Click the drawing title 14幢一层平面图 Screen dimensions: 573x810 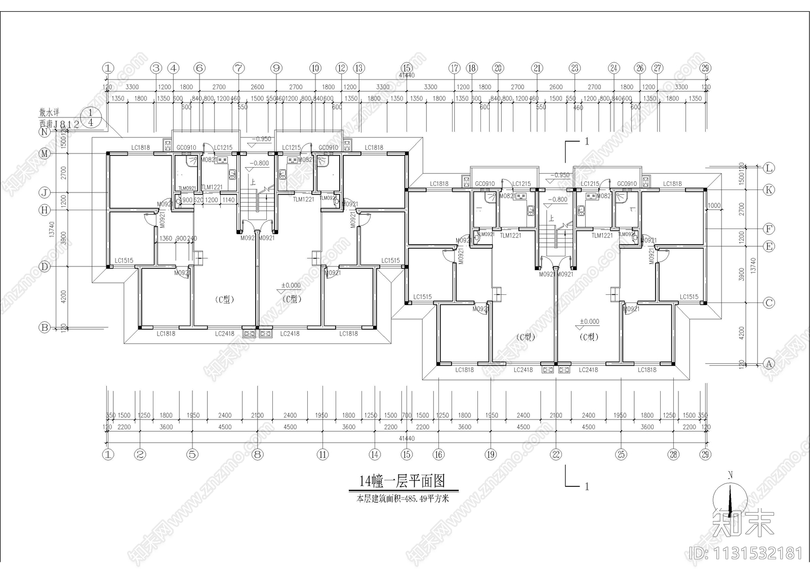point(402,480)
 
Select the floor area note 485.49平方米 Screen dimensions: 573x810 point(402,499)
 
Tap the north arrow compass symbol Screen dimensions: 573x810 point(730,499)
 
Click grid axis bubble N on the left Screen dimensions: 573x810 point(45,132)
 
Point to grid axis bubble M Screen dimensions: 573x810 point(45,154)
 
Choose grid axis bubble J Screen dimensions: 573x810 point(45,193)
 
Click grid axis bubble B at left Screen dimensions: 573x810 point(45,328)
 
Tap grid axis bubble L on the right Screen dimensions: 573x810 point(769,168)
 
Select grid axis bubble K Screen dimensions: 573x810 point(769,190)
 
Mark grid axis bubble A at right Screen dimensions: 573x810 point(769,364)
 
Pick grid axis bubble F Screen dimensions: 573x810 point(769,229)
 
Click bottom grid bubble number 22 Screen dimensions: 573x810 point(556,454)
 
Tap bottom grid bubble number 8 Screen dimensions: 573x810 point(258,454)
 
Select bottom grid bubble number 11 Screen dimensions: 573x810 point(323,454)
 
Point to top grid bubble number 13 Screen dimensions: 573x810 point(359,68)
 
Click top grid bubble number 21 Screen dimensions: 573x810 point(537,68)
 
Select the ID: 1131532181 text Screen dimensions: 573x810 point(746,552)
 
